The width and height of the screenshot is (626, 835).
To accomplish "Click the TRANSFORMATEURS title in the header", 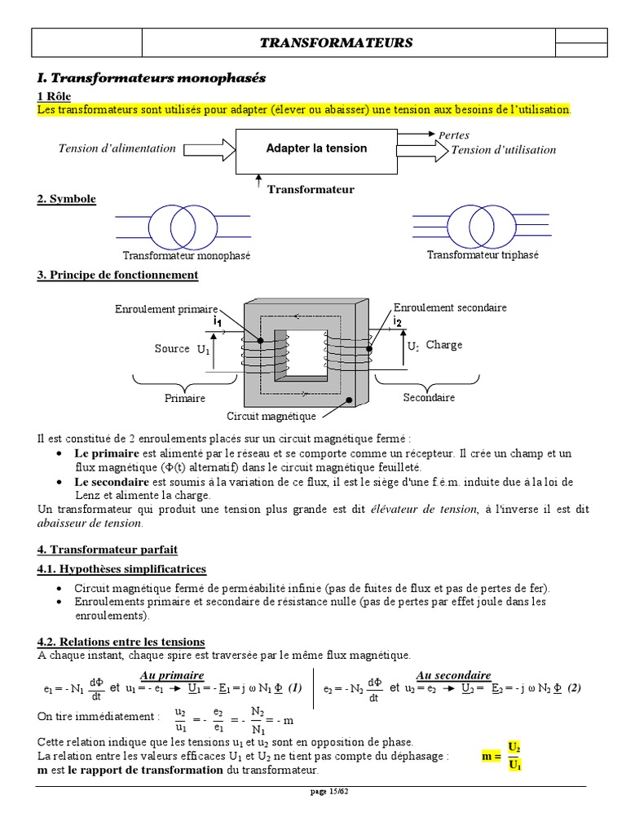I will pos(336,43).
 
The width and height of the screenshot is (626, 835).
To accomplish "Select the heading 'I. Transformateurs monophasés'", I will pos(152,78).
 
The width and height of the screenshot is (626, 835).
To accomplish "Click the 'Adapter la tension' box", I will pos(316,148).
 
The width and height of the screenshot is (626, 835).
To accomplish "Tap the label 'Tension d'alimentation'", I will pos(117,148).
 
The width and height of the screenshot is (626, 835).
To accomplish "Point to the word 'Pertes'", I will pos(454,135).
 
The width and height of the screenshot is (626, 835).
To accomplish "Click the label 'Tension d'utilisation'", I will pos(503,150).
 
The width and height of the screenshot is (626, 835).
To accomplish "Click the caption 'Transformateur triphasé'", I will pos(483,255).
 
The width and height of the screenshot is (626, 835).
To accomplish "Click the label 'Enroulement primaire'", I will pos(166,310).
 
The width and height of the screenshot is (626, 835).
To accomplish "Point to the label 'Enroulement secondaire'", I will pos(450,307).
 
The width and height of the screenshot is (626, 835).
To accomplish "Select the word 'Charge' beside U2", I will pos(443,345).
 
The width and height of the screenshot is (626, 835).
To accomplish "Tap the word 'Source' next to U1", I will pos(171,348).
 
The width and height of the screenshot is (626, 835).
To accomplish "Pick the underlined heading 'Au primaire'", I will pos(172,675).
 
